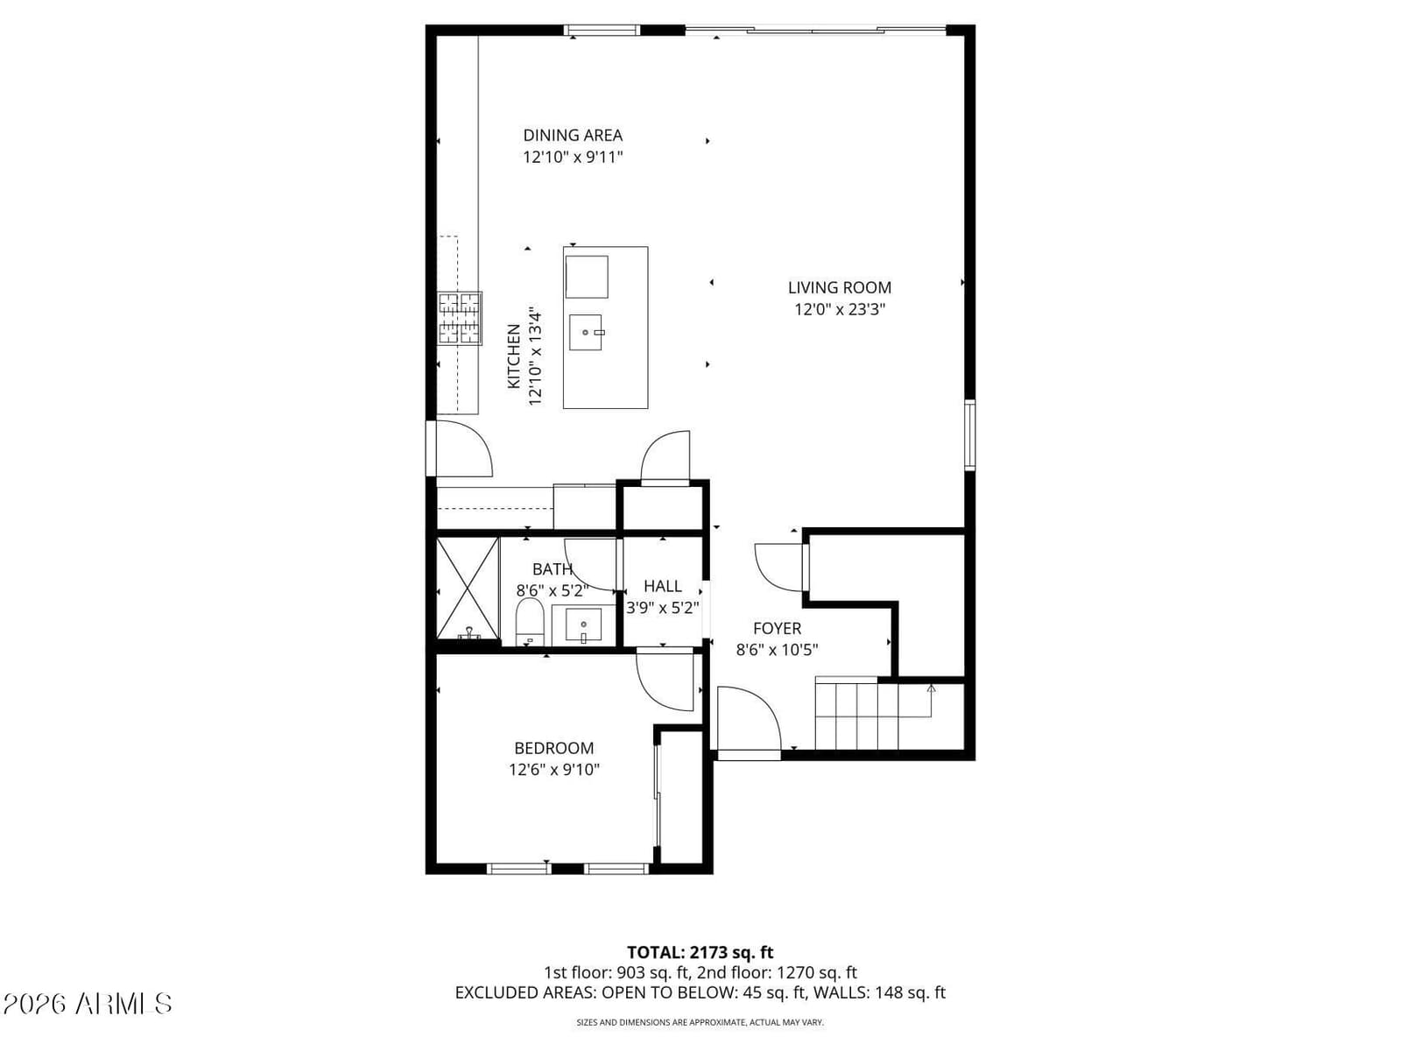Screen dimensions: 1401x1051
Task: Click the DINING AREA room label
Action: (x=573, y=135)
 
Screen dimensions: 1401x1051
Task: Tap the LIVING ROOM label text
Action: (x=840, y=288)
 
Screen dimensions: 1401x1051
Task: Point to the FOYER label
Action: (x=777, y=629)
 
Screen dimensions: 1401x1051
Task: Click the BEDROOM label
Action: (x=554, y=748)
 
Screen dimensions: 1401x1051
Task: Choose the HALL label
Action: (x=663, y=586)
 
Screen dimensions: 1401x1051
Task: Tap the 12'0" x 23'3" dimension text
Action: (x=840, y=309)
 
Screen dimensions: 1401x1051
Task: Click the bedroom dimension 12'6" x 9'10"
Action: (x=554, y=770)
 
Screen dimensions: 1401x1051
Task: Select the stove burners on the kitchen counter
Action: (x=460, y=319)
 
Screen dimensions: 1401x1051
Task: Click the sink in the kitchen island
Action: (x=585, y=333)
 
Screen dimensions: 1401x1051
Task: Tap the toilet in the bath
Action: (x=529, y=622)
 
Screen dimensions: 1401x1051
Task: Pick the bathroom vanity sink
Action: (x=583, y=624)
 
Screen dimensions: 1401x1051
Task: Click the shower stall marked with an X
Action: (x=468, y=588)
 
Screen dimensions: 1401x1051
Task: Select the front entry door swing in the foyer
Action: (x=749, y=720)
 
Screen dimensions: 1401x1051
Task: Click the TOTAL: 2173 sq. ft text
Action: (x=700, y=953)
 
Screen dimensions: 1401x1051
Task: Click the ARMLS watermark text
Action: (x=87, y=1004)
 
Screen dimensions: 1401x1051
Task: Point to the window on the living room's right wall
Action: (x=970, y=434)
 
